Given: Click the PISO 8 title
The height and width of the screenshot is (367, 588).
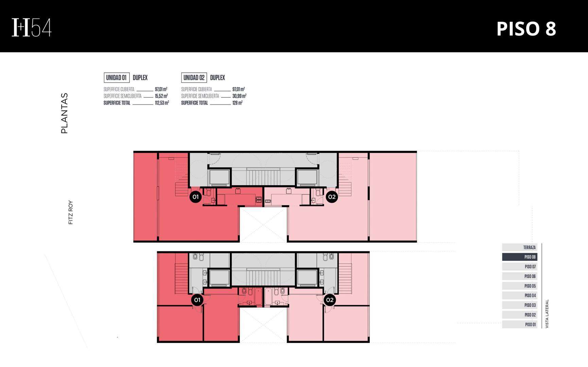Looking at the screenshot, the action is click(x=526, y=29).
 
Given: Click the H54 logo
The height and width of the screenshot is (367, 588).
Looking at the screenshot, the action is click(x=32, y=27).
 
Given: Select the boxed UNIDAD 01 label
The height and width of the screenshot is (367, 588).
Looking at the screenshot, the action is click(x=117, y=77).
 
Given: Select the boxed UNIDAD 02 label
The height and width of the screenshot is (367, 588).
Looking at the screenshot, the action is click(x=194, y=77).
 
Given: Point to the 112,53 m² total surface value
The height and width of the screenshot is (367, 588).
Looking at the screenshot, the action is click(x=162, y=103).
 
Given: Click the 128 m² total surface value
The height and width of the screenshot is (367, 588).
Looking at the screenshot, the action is click(x=237, y=103).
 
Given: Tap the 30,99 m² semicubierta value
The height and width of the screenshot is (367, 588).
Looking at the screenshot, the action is click(x=239, y=96).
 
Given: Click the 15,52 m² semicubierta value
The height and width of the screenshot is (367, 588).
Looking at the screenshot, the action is click(x=161, y=96).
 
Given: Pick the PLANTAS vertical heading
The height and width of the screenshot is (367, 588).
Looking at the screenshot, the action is click(x=64, y=113).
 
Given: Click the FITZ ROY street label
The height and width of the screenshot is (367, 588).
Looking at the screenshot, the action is click(x=70, y=212).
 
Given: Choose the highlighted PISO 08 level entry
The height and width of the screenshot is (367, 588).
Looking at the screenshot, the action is click(x=519, y=257).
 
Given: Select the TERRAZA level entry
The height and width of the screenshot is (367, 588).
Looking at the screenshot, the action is click(x=519, y=247).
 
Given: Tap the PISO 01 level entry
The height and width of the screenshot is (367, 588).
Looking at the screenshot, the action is click(x=519, y=325).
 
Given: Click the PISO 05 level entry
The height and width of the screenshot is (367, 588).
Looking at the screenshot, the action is click(x=519, y=286).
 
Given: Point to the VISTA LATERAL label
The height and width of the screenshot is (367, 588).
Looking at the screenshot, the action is click(x=547, y=314).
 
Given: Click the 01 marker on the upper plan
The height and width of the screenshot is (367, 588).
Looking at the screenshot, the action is click(x=195, y=197).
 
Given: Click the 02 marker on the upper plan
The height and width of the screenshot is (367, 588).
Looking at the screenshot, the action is click(x=332, y=197).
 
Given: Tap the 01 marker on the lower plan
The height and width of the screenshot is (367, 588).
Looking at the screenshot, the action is click(x=197, y=300).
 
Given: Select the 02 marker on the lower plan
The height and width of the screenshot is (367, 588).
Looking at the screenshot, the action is click(x=330, y=300).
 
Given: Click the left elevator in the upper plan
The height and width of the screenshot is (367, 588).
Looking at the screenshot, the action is click(x=219, y=177).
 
